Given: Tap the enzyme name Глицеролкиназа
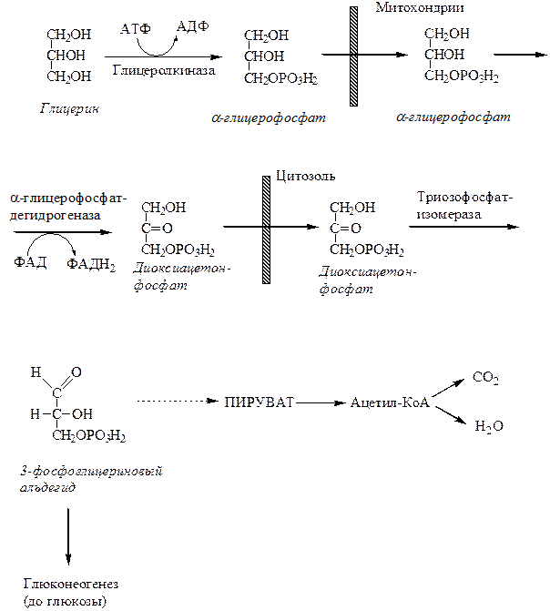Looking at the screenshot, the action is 165,70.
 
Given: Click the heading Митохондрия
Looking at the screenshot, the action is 420,8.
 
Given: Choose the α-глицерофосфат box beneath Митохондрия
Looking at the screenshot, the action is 450,118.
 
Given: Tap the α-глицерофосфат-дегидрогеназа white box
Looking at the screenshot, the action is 69,208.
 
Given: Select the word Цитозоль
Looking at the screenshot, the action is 304,174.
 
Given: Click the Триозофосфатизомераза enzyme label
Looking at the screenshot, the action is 461,204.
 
